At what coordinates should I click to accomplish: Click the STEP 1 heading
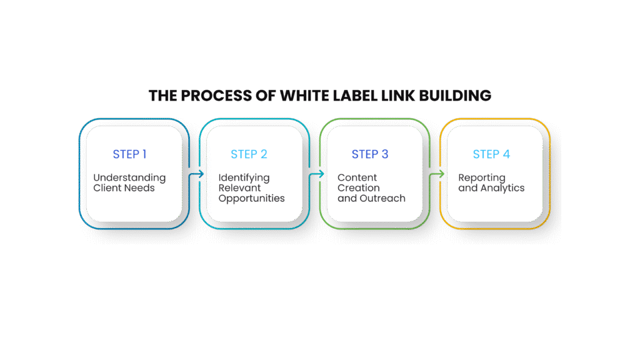129,154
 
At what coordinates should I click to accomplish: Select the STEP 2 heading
249,154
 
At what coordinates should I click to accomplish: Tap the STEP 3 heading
370,154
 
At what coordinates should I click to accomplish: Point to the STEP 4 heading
491,154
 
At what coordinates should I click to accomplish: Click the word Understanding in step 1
129,178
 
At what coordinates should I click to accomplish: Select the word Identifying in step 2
244,178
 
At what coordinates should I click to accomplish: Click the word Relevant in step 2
239,188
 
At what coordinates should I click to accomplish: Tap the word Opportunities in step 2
251,199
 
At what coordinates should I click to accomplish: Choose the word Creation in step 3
358,188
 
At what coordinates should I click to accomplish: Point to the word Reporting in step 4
481,178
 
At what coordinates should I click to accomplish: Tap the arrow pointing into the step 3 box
317,174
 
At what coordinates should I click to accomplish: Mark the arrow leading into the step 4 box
438,174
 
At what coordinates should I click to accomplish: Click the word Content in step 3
357,178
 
